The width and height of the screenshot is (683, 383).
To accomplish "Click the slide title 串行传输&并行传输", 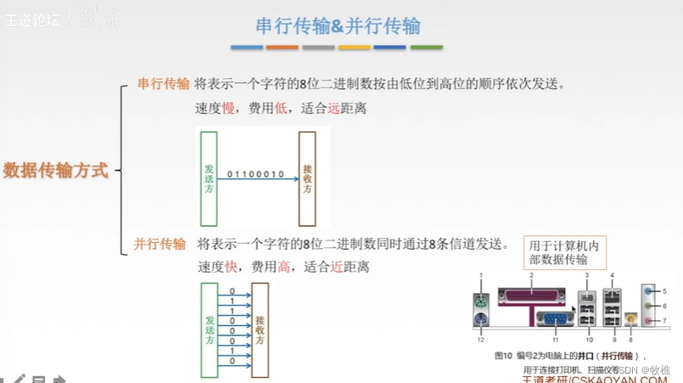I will pyautogui.click(x=338, y=25).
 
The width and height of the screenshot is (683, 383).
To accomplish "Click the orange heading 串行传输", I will pyautogui.click(x=164, y=84).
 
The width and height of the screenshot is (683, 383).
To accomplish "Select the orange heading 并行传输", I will pyautogui.click(x=160, y=244).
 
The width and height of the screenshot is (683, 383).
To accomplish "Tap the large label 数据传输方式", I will pyautogui.click(x=56, y=170).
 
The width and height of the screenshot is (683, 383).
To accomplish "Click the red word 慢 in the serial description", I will pyautogui.click(x=228, y=109).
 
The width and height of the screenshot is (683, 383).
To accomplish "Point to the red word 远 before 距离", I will pyautogui.click(x=333, y=109).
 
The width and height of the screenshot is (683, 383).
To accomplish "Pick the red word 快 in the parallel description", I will pyautogui.click(x=231, y=267).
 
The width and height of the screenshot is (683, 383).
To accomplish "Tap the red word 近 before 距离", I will pyautogui.click(x=337, y=267).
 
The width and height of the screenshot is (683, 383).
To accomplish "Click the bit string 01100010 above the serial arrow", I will pyautogui.click(x=255, y=173).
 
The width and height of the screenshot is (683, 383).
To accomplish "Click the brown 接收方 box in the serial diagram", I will pyautogui.click(x=307, y=177).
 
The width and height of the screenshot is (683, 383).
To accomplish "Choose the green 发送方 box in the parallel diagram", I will pyautogui.click(x=210, y=329).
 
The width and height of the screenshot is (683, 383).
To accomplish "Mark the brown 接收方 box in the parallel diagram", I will pyautogui.click(x=260, y=329).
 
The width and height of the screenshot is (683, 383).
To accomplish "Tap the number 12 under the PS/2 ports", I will pyautogui.click(x=479, y=340).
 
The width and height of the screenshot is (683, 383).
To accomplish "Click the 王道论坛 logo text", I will pyautogui.click(x=32, y=19).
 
